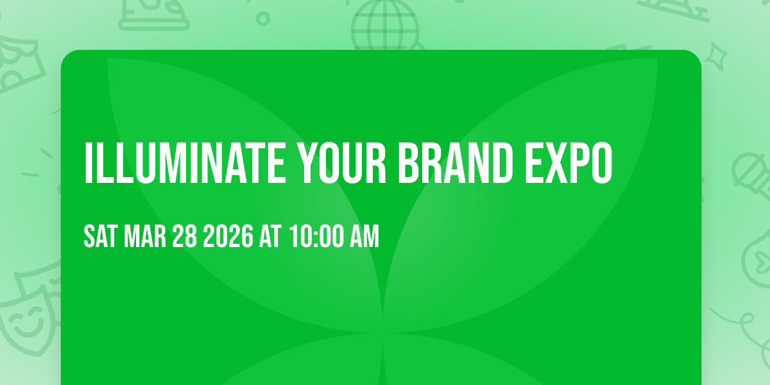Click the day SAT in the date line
[100, 237]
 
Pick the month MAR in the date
[146, 237]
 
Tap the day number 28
[185, 237]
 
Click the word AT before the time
[269, 237]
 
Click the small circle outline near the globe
[262, 17]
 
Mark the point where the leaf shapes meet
[383, 332]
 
